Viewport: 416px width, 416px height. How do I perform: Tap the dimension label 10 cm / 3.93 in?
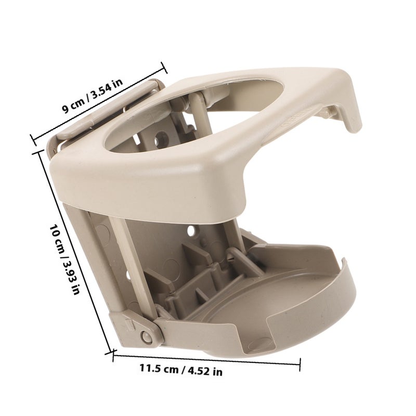(64, 259)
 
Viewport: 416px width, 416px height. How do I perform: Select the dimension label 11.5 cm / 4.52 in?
(181, 370)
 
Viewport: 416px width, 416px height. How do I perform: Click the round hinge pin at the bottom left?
(147, 336)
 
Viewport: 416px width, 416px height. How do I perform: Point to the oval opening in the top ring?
(193, 116)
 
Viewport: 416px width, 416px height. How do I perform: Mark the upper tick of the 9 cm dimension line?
(164, 68)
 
